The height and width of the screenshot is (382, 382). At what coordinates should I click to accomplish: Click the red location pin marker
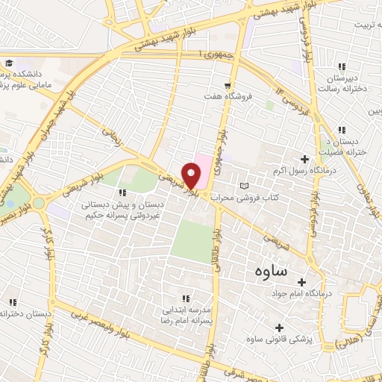pos(192,175)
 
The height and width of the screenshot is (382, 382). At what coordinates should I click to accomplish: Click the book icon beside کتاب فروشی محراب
pos(243,185)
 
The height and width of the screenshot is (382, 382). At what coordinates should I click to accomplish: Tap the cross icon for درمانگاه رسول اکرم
pos(304,158)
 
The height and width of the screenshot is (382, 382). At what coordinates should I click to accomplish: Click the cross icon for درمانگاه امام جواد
pos(302,282)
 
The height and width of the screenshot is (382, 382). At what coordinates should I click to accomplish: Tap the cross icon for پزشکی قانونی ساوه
pos(280,327)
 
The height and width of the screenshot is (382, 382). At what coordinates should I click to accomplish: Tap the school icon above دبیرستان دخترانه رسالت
pos(342,67)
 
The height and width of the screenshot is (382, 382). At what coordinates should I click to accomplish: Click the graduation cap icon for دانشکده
pos(9,63)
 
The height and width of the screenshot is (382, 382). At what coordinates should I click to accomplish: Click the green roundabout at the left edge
pos(39,203)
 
